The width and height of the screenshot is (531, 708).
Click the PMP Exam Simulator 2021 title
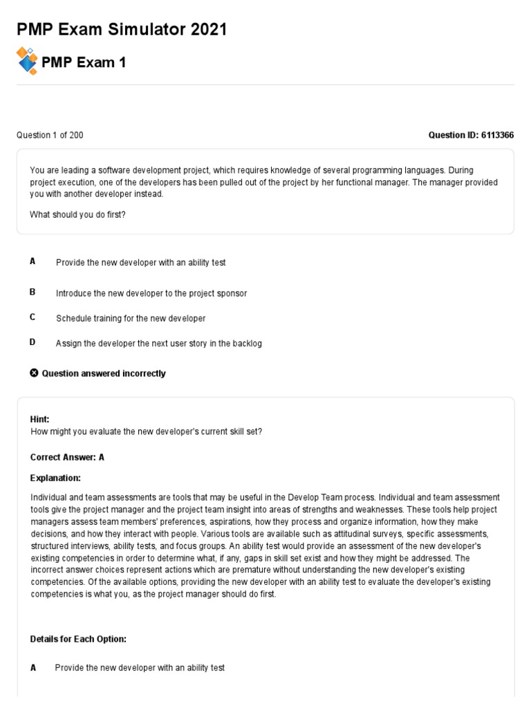tap(121, 30)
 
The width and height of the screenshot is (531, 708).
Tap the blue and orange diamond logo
tap(27, 61)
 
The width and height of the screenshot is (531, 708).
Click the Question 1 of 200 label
tap(50, 135)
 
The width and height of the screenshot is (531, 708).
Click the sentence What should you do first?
tap(78, 214)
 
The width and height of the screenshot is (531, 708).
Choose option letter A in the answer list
tap(32, 261)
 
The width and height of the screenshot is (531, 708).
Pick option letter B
tap(32, 292)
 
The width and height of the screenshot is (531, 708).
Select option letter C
tap(32, 317)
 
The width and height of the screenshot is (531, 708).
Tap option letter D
tap(32, 342)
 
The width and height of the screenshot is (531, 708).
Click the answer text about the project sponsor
tap(151, 293)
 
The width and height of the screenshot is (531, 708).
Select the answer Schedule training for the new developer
tap(131, 318)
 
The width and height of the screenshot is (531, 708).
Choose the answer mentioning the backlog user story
tap(159, 343)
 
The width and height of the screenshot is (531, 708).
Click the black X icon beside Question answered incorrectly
tap(35, 373)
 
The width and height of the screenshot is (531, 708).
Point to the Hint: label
tap(40, 419)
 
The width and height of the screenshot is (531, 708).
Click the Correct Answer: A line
tap(67, 457)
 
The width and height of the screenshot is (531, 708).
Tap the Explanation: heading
tap(55, 478)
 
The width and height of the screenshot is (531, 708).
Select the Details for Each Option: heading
tap(78, 639)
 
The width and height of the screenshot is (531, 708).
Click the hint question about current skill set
tap(147, 431)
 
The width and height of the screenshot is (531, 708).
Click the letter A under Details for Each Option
tap(33, 668)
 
